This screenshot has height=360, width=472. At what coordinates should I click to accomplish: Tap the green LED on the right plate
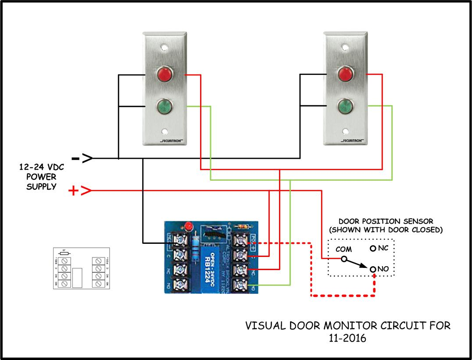[x=345, y=106]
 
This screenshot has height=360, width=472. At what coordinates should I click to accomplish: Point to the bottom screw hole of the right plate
[x=346, y=131]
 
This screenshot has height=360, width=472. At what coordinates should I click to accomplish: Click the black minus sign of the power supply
[x=75, y=158]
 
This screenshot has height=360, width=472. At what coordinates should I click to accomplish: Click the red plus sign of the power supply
[x=74, y=191]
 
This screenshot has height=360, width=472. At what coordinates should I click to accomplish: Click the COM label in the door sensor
[x=343, y=249]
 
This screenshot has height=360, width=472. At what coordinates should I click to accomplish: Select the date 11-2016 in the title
[x=347, y=339]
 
